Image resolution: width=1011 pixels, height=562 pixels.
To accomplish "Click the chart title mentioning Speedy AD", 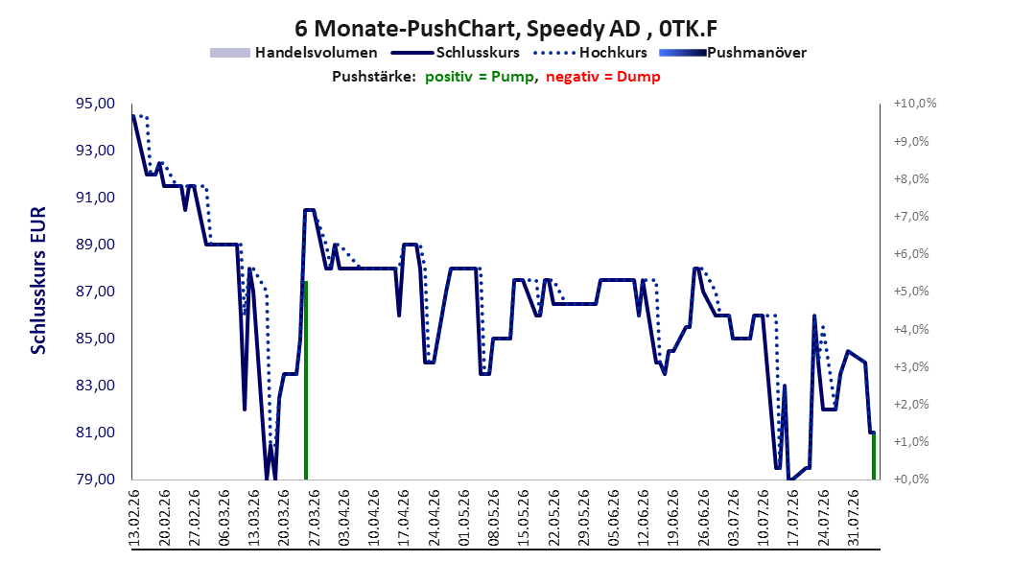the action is [505, 29].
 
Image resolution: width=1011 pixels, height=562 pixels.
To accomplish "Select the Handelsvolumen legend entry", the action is [294, 53].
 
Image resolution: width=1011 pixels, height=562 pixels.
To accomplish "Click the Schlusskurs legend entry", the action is [456, 53].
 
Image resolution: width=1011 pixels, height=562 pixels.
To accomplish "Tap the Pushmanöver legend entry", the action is [733, 53].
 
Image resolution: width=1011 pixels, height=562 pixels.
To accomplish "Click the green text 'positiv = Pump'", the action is [479, 77].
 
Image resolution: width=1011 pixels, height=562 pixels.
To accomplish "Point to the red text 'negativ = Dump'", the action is [603, 77].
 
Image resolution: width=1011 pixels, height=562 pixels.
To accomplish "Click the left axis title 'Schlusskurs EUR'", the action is [38, 280].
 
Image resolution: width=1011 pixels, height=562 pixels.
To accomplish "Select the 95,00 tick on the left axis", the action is [96, 104].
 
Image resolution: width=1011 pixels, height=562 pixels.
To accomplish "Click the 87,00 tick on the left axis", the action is [96, 292].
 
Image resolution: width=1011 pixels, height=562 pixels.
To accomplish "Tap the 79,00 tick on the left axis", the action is [96, 480].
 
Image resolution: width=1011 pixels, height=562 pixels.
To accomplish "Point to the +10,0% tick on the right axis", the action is [915, 104].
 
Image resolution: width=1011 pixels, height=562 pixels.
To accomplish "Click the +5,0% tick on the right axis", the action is [911, 292].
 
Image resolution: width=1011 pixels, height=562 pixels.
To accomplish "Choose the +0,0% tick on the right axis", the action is [911, 480].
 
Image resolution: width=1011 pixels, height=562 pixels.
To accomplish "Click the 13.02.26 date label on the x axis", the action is [134, 518].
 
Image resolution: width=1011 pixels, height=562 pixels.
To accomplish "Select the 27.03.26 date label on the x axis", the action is [315, 518].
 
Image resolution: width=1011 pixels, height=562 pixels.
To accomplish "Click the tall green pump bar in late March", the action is [306, 380].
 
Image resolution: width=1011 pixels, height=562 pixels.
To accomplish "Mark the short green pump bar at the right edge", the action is [874, 456].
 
